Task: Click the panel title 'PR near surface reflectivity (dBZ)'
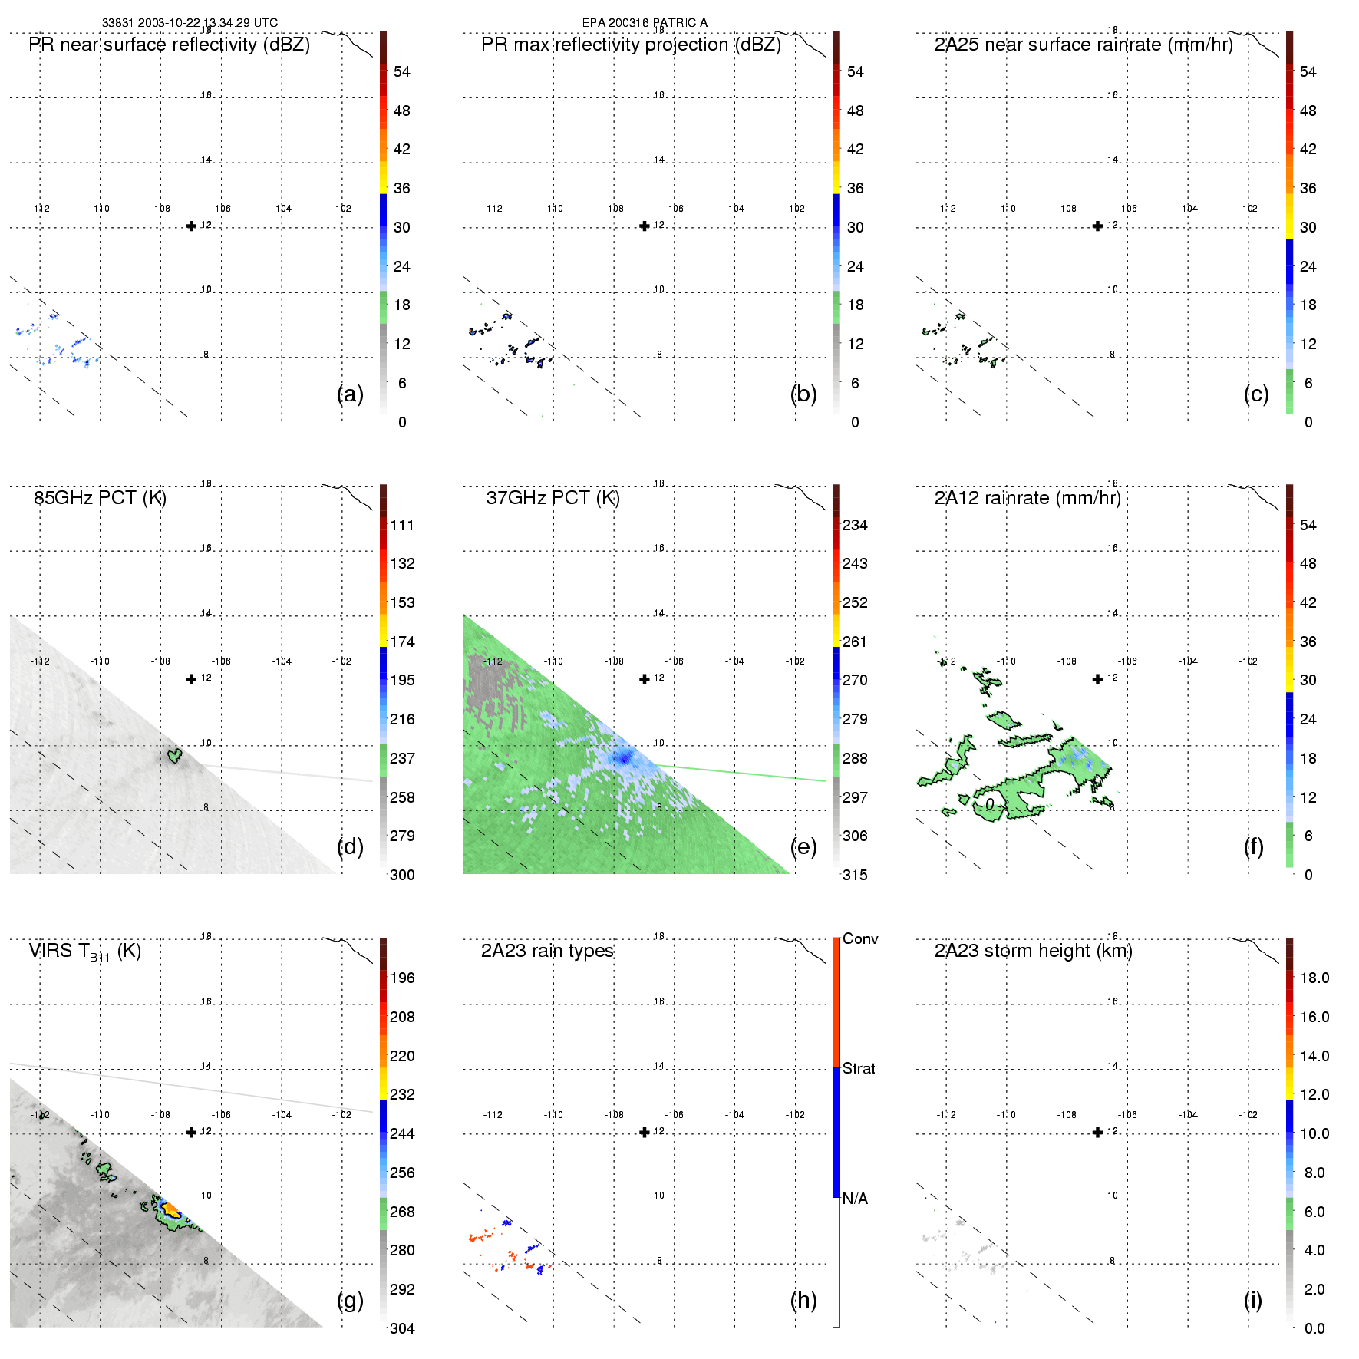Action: point(169,45)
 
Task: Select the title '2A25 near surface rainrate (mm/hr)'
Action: point(1084,45)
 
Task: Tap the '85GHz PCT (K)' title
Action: point(100,498)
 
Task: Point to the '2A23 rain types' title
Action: point(547,951)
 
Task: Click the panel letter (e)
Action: point(803,846)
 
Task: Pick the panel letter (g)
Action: point(350,1300)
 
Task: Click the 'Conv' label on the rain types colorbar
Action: point(860,938)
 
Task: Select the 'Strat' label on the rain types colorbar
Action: point(859,1068)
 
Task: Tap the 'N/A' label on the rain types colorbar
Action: point(855,1199)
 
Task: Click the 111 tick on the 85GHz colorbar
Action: point(402,525)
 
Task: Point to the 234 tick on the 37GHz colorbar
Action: point(855,525)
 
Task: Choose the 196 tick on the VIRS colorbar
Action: point(402,978)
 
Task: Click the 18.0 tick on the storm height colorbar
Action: point(1314,978)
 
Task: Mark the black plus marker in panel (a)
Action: point(192,226)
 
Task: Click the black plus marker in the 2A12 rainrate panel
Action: point(1097,679)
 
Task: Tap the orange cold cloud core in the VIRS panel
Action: point(170,1210)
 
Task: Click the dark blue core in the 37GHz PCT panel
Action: point(624,759)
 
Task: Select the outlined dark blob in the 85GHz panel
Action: point(175,756)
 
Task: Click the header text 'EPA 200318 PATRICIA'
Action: point(645,23)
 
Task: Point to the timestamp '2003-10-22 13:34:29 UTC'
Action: point(208,23)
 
